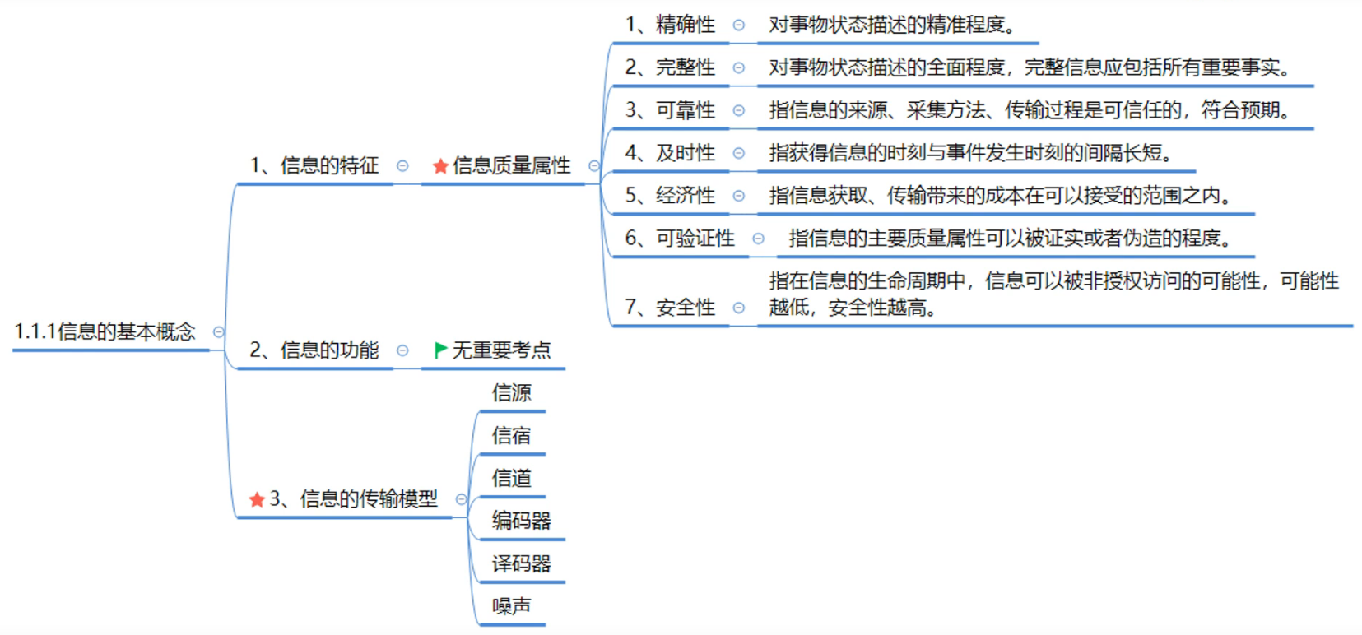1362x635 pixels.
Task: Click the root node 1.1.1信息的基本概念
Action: point(105,331)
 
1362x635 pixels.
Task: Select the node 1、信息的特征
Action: point(314,165)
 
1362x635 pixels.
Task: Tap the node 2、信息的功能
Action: point(314,350)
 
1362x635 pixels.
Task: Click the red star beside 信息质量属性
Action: point(440,166)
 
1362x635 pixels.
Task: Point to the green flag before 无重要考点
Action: point(440,350)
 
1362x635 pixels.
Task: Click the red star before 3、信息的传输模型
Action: point(257,499)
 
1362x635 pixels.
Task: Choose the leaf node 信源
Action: point(511,393)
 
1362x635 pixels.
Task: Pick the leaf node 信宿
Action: point(511,436)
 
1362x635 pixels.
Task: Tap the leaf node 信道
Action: point(511,479)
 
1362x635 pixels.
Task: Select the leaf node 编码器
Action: point(521,521)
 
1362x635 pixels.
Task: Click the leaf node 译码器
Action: point(521,564)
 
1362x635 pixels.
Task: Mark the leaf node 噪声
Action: point(511,607)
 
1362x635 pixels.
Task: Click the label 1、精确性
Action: point(670,25)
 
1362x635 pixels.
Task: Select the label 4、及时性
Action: point(670,153)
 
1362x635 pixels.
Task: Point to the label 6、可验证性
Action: point(680,239)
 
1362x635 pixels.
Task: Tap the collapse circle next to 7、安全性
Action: point(739,308)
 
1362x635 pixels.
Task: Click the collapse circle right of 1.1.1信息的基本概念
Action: point(219,332)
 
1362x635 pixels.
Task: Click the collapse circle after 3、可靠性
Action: point(739,110)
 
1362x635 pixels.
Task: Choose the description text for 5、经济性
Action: point(1000,196)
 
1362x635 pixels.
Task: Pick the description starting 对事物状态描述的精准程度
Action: point(891,25)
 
